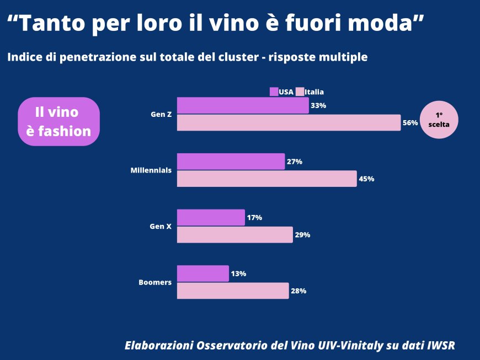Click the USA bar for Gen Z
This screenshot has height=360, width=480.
pyautogui.click(x=243, y=105)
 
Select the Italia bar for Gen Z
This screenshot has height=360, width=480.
pyautogui.click(x=289, y=122)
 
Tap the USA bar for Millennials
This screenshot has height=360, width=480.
pyautogui.click(x=231, y=162)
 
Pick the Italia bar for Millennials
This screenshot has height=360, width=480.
pyautogui.click(x=266, y=179)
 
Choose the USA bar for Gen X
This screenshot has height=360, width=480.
pyautogui.click(x=211, y=217)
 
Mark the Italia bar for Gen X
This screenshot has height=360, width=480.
pyautogui.click(x=234, y=234)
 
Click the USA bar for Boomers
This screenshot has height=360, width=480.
pyautogui.click(x=202, y=273)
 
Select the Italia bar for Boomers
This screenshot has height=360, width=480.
pyautogui.click(x=233, y=291)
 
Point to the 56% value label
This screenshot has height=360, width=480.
pyautogui.click(x=410, y=123)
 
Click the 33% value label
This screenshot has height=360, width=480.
pyautogui.click(x=318, y=105)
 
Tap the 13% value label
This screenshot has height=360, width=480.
pyautogui.click(x=238, y=273)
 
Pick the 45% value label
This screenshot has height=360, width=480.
pyautogui.click(x=366, y=179)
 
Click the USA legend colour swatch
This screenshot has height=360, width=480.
pyautogui.click(x=274, y=92)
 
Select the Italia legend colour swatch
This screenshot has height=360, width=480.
pyautogui.click(x=300, y=92)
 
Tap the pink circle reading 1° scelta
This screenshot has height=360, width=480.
pyautogui.click(x=439, y=120)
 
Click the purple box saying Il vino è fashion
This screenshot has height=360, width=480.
pyautogui.click(x=58, y=121)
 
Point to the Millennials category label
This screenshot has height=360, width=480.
pyautogui.click(x=151, y=170)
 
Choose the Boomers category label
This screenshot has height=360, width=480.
pyautogui.click(x=154, y=282)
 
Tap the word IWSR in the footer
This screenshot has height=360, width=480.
pyautogui.click(x=441, y=346)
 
